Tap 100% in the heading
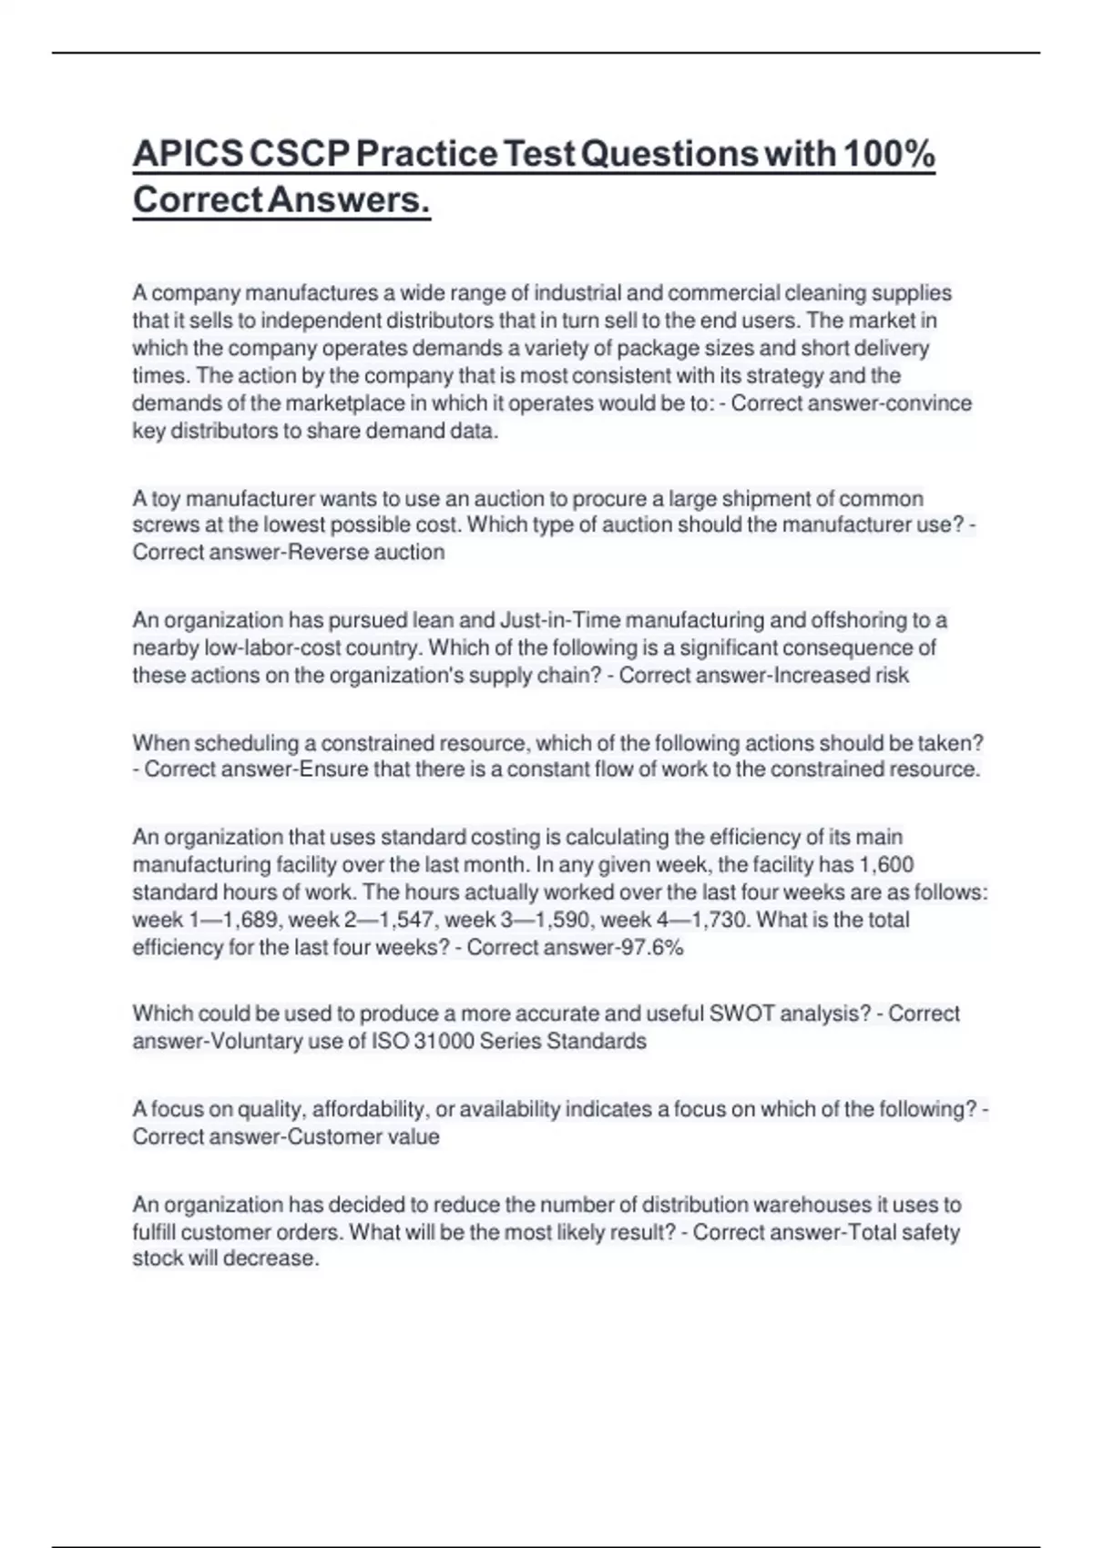[x=888, y=155]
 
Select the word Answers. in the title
[x=349, y=200]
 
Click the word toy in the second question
[x=166, y=499]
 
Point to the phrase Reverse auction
[x=366, y=553]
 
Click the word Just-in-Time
[x=559, y=621]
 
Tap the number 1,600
[x=886, y=865]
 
